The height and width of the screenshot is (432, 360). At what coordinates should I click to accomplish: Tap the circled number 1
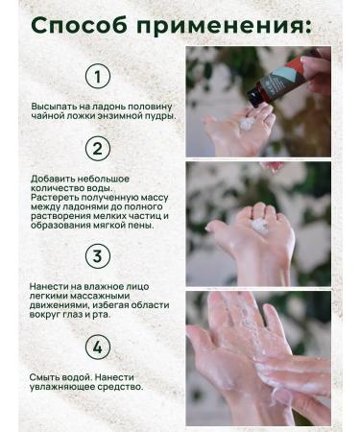point(97,76)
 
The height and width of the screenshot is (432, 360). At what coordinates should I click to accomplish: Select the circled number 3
point(97,256)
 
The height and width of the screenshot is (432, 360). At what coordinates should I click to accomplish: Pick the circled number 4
point(97,346)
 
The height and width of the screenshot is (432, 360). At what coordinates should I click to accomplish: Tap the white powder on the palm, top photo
point(247,123)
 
